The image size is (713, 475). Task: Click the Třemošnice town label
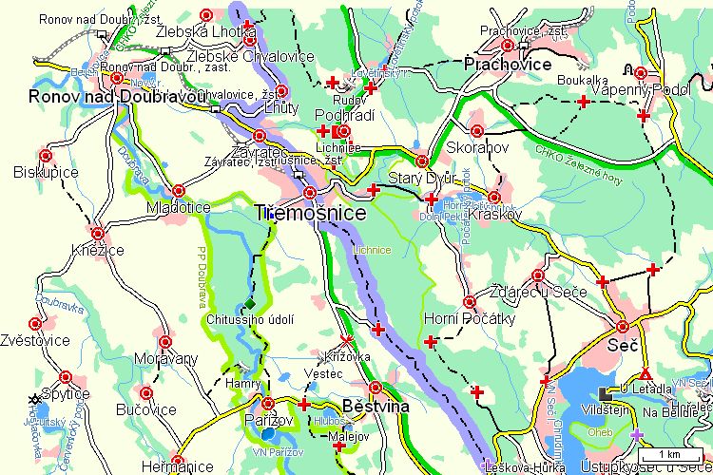(x=311, y=215)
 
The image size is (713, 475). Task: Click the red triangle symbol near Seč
(x=646, y=372)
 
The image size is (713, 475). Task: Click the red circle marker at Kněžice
(x=97, y=232)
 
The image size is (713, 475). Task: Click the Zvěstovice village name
(x=35, y=339)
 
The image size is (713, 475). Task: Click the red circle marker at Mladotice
(x=178, y=190)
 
